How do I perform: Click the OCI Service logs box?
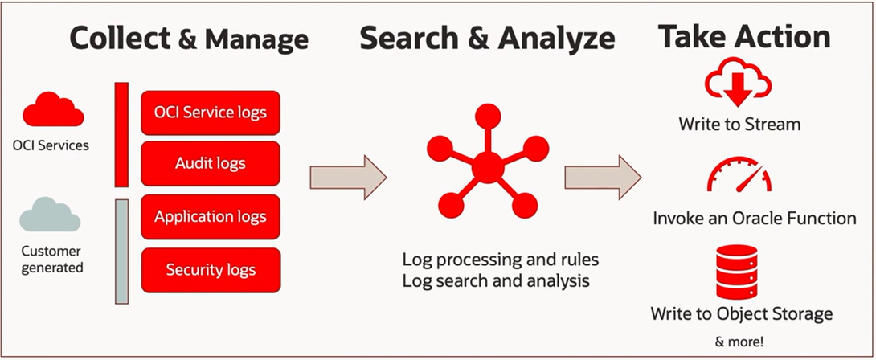pyautogui.click(x=211, y=112)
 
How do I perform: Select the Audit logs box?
pyautogui.click(x=211, y=163)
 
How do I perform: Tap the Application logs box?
pyautogui.click(x=211, y=216)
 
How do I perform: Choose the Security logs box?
pyautogui.click(x=211, y=270)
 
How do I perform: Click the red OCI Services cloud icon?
pyautogui.click(x=52, y=111)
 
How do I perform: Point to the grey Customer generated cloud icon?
pyautogui.click(x=49, y=215)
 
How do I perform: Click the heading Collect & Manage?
pyautogui.click(x=189, y=38)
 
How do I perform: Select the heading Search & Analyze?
pyautogui.click(x=487, y=38)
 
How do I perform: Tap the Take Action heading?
pyautogui.click(x=743, y=37)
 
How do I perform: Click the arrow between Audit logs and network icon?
pyautogui.click(x=348, y=177)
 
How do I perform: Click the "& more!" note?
pyautogui.click(x=740, y=340)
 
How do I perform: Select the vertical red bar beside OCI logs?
pyautogui.click(x=122, y=133)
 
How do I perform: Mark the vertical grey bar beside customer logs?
pyautogui.click(x=122, y=251)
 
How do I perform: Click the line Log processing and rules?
pyautogui.click(x=501, y=260)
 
